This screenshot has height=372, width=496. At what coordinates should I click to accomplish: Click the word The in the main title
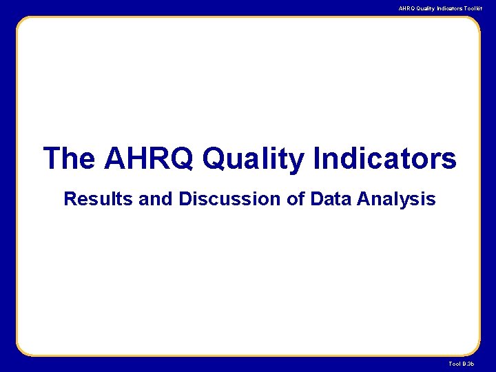tap(69, 158)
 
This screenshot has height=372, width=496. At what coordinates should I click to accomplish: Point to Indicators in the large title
tap(384, 158)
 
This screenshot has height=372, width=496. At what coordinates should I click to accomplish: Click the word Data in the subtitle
tap(328, 200)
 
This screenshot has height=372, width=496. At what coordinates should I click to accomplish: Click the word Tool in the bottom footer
tap(455, 363)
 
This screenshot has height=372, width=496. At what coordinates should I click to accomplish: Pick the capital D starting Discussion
tap(185, 200)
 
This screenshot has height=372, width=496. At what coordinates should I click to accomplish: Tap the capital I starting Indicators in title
tap(316, 158)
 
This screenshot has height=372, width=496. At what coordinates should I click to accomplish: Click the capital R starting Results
tap(69, 200)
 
